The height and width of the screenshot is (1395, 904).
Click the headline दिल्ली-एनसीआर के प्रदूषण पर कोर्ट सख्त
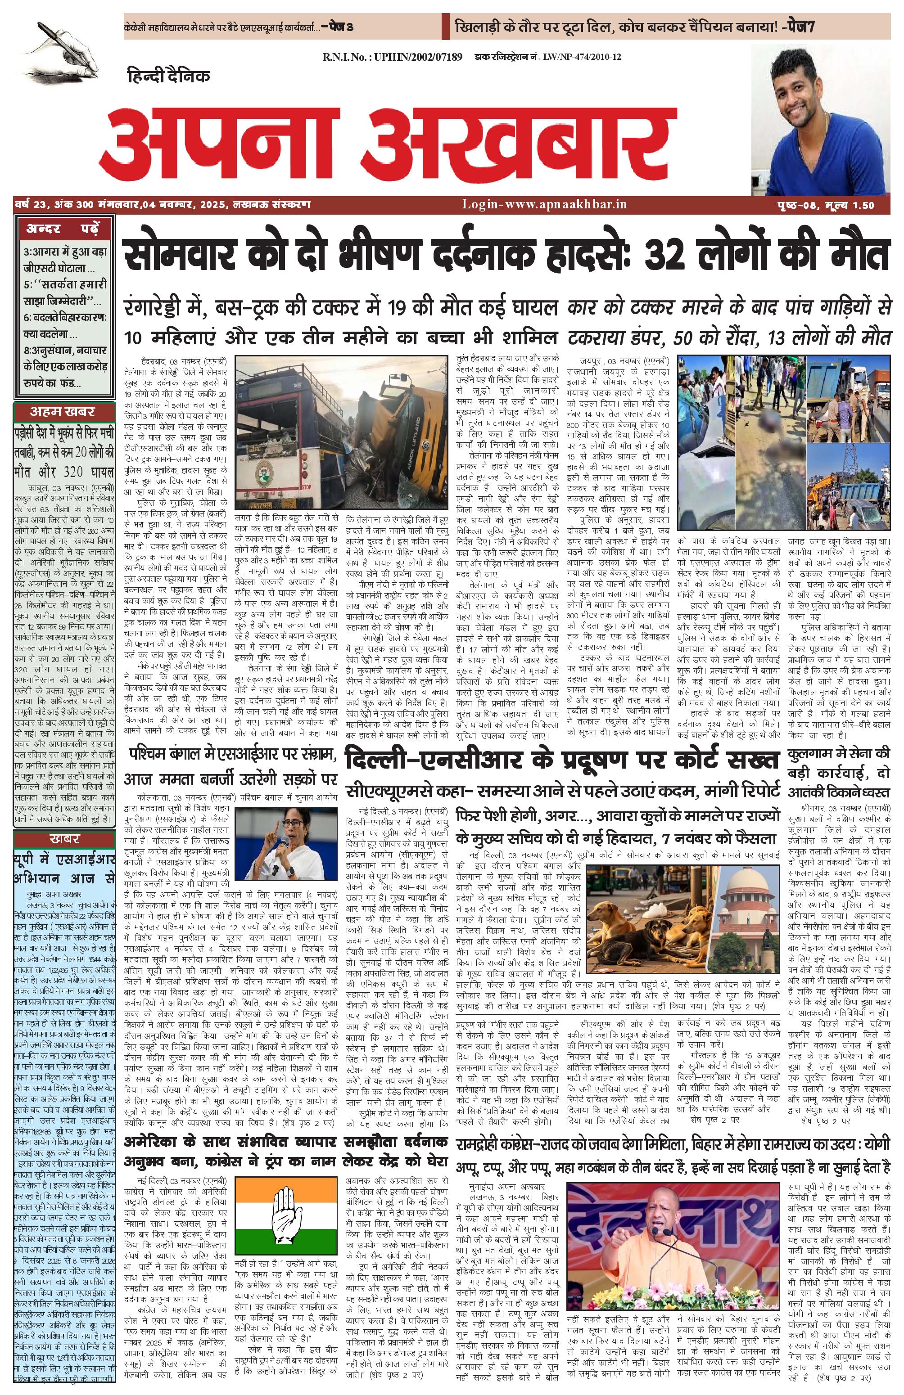562,760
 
